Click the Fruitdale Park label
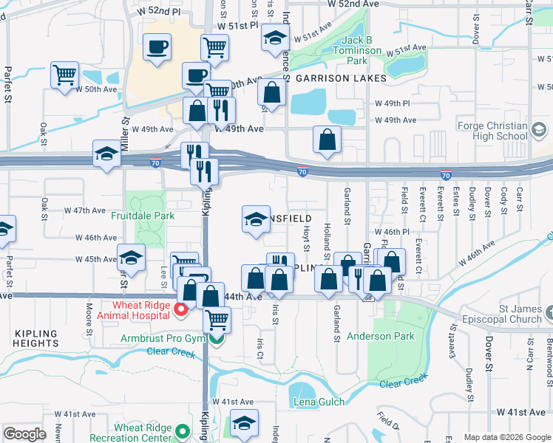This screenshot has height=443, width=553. coord(143,216)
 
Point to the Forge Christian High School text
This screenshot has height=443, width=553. coord(492,131)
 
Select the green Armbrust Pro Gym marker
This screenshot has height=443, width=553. coord(215,339)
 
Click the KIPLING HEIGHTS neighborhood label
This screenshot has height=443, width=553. coord(35,339)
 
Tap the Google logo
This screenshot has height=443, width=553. coord(25,434)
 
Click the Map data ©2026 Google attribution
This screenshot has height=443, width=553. coord(507,437)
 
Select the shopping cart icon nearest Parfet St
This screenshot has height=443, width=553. coord(64,74)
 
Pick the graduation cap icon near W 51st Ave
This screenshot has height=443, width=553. coord(275,38)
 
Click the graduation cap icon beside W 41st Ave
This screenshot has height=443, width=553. coord(244,423)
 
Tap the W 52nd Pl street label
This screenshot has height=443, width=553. coord(159,13)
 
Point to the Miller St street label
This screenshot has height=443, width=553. coord(125,131)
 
